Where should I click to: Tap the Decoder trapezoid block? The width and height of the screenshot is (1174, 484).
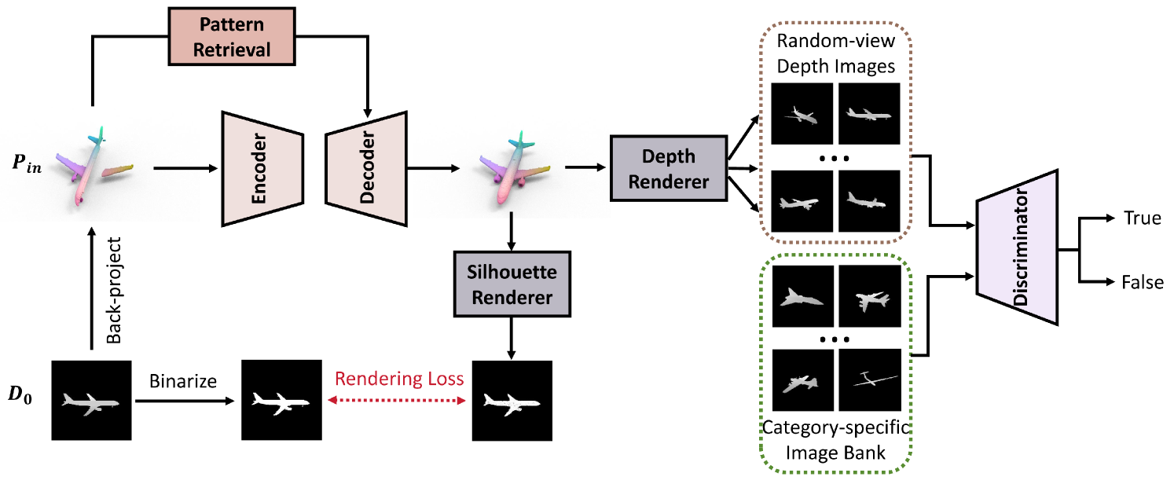tap(365, 167)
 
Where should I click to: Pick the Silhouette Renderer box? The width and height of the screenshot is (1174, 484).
tap(512, 285)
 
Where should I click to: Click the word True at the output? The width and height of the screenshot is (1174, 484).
tap(1142, 218)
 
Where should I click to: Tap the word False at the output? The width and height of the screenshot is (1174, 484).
tap(1143, 282)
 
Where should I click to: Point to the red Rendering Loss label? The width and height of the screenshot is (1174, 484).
tap(399, 379)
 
